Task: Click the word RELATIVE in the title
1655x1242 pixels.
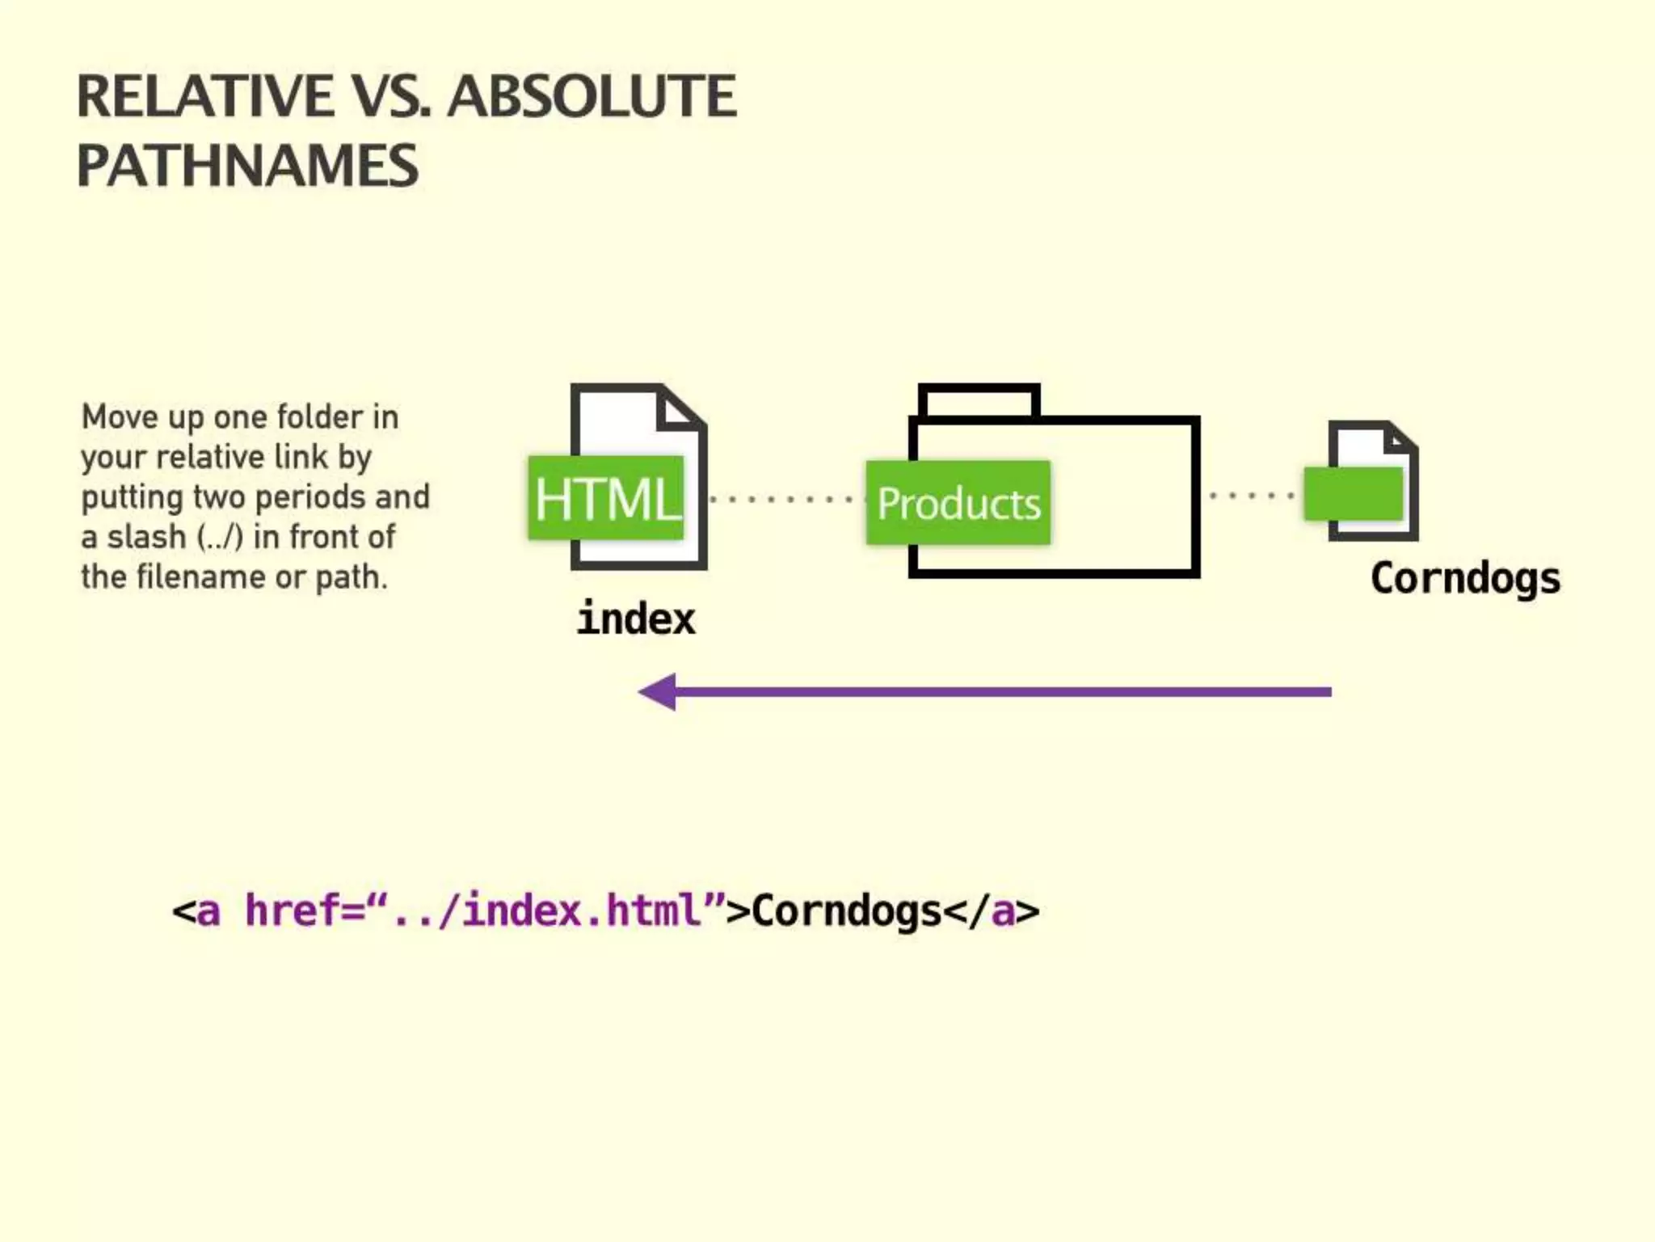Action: [x=204, y=96]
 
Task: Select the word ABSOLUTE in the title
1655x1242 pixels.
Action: [x=592, y=96]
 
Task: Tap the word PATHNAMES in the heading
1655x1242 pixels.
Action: [x=247, y=166]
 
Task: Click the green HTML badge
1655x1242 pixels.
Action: [x=606, y=498]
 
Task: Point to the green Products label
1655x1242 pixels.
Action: [x=958, y=503]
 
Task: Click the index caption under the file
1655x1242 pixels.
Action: [x=636, y=619]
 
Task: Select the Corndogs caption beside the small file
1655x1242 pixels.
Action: [x=1465, y=579]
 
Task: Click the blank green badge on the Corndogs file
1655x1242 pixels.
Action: [x=1354, y=493]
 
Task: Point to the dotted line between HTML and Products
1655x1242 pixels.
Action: [x=780, y=499]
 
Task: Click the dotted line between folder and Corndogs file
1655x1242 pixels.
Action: [x=1251, y=495]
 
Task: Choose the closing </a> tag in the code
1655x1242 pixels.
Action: [x=992, y=911]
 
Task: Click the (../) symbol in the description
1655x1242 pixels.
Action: [x=220, y=537]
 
